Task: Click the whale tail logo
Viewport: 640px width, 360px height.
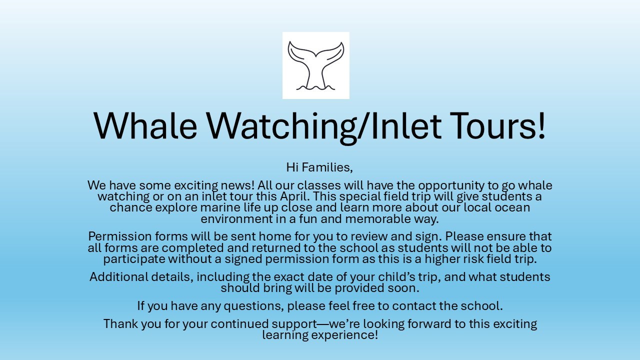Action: coord(315,65)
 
